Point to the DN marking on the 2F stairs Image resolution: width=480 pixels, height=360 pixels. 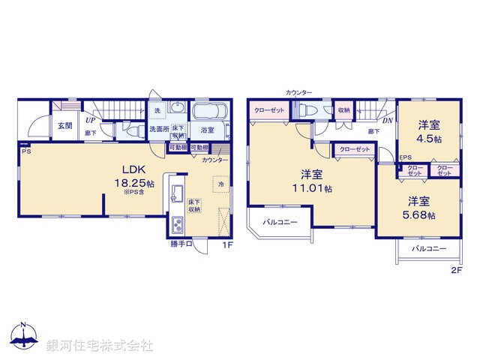click(x=387, y=120)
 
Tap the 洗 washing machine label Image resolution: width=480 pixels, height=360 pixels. click(x=157, y=111)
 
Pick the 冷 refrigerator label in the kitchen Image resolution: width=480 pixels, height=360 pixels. click(x=221, y=183)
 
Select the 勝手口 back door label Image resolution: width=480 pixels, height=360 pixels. click(x=181, y=244)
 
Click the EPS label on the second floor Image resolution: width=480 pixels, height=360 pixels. click(x=405, y=157)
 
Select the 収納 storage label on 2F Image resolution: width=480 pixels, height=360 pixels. click(x=343, y=110)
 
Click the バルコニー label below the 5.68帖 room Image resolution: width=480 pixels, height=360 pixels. click(x=428, y=248)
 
